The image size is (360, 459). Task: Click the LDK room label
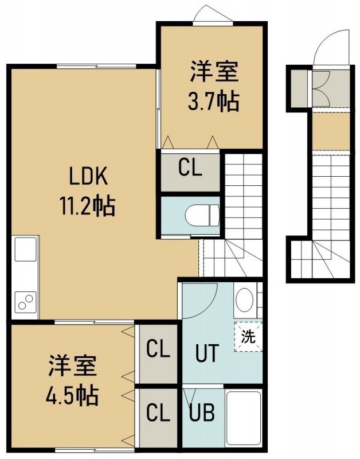(88, 176)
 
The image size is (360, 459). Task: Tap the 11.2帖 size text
(88, 206)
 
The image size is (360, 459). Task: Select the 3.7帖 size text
(214, 102)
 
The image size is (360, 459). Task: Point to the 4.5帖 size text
(72, 395)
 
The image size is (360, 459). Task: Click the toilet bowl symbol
(202, 216)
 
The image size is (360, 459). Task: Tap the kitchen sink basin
(25, 249)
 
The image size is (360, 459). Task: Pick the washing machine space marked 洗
(248, 337)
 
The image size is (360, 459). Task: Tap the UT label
(207, 353)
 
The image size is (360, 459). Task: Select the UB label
(201, 413)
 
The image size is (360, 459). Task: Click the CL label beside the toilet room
(190, 168)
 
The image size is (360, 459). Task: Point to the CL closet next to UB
(158, 413)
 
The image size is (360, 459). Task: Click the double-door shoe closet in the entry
(322, 88)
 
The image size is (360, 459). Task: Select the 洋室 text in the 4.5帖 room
(73, 365)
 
